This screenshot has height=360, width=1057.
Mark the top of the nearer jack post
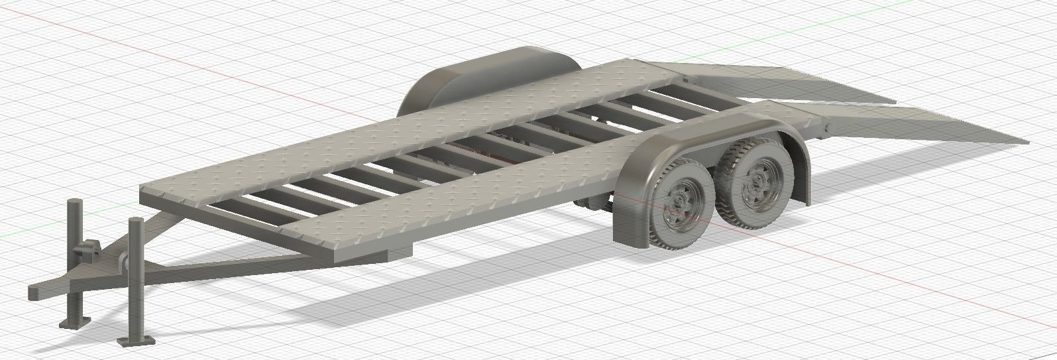coord(137,221)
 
